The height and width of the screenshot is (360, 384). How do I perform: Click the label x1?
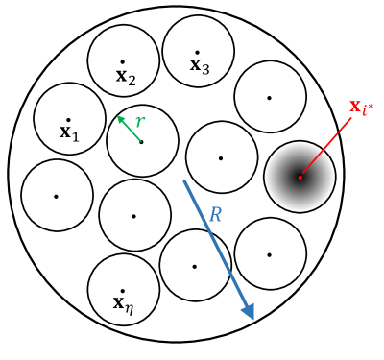69,132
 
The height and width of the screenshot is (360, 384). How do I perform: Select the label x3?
200,65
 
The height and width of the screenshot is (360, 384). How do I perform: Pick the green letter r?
140,122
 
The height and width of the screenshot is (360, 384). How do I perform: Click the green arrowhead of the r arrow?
120,118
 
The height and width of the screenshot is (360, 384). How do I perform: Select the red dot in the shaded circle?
300,177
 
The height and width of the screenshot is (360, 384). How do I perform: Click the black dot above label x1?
69,119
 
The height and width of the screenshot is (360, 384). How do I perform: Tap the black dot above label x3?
197,52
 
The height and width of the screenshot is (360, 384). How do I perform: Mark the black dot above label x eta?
122,291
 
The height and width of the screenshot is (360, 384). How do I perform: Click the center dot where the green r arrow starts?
142,141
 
